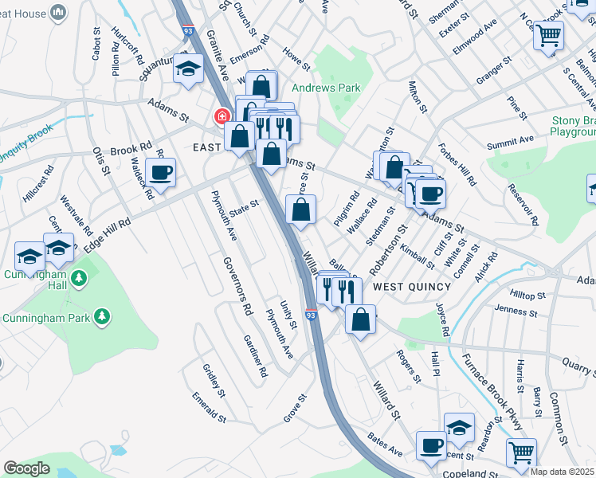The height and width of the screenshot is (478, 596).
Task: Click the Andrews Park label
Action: click(x=326, y=88)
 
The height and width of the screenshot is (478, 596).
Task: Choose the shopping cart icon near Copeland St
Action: click(x=522, y=452)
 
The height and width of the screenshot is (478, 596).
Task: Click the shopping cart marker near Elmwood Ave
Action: click(x=548, y=35)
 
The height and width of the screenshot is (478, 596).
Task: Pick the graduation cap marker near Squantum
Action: click(x=189, y=70)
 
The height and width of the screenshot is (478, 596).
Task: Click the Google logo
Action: click(x=26, y=468)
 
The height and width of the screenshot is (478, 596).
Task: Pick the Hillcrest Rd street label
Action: click(x=37, y=185)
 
